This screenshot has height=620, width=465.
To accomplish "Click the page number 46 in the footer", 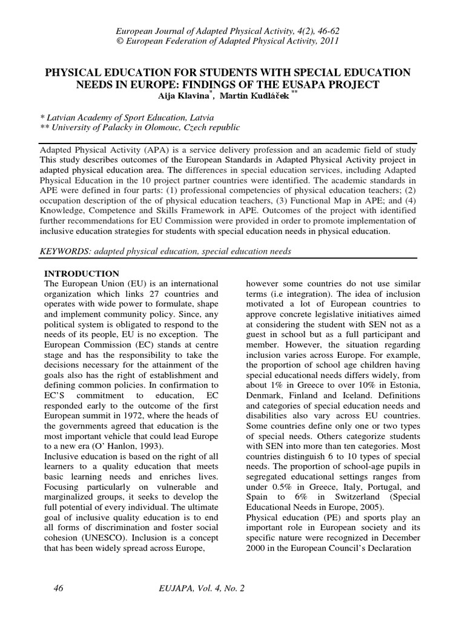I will coord(59,587).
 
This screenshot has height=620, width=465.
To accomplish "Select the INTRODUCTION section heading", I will coord(82,274).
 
